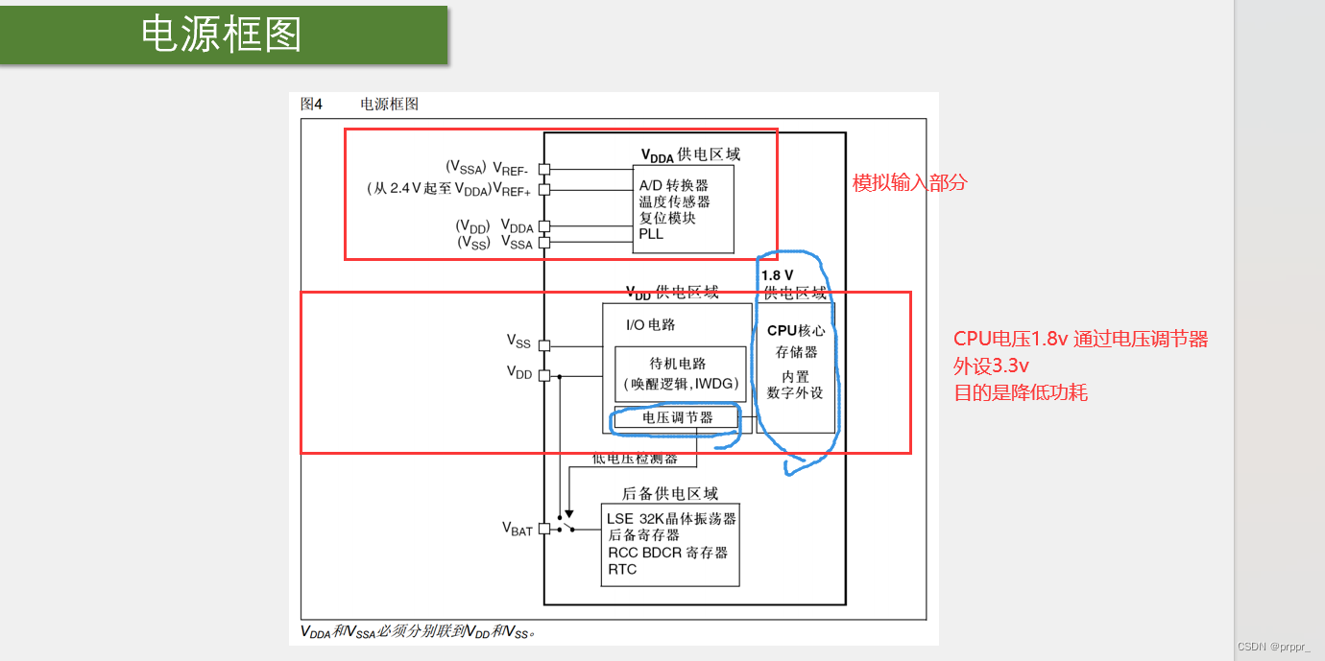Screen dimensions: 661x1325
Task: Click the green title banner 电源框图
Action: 223,35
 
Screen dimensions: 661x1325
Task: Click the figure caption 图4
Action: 311,104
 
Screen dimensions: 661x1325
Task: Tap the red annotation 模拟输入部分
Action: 909,182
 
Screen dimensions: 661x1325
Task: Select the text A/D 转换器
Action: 673,185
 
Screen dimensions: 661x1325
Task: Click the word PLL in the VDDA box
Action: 651,233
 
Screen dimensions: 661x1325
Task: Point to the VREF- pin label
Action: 512,169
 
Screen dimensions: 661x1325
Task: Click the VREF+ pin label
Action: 512,190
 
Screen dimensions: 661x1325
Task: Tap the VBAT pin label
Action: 517,529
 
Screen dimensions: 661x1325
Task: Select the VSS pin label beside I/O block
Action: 518,341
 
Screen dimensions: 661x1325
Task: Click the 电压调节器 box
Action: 678,417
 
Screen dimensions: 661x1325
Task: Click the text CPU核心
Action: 796,330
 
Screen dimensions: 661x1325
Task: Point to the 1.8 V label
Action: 778,275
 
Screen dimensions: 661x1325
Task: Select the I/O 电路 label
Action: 650,325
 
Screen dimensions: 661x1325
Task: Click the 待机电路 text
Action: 678,364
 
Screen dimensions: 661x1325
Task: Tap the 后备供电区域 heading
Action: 670,493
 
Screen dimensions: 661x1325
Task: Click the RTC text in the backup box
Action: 622,569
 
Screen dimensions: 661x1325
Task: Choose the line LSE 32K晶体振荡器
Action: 671,518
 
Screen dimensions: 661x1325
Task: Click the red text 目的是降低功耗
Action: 1021,392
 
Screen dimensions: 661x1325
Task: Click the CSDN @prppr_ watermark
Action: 1274,647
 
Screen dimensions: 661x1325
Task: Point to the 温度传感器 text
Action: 674,201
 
